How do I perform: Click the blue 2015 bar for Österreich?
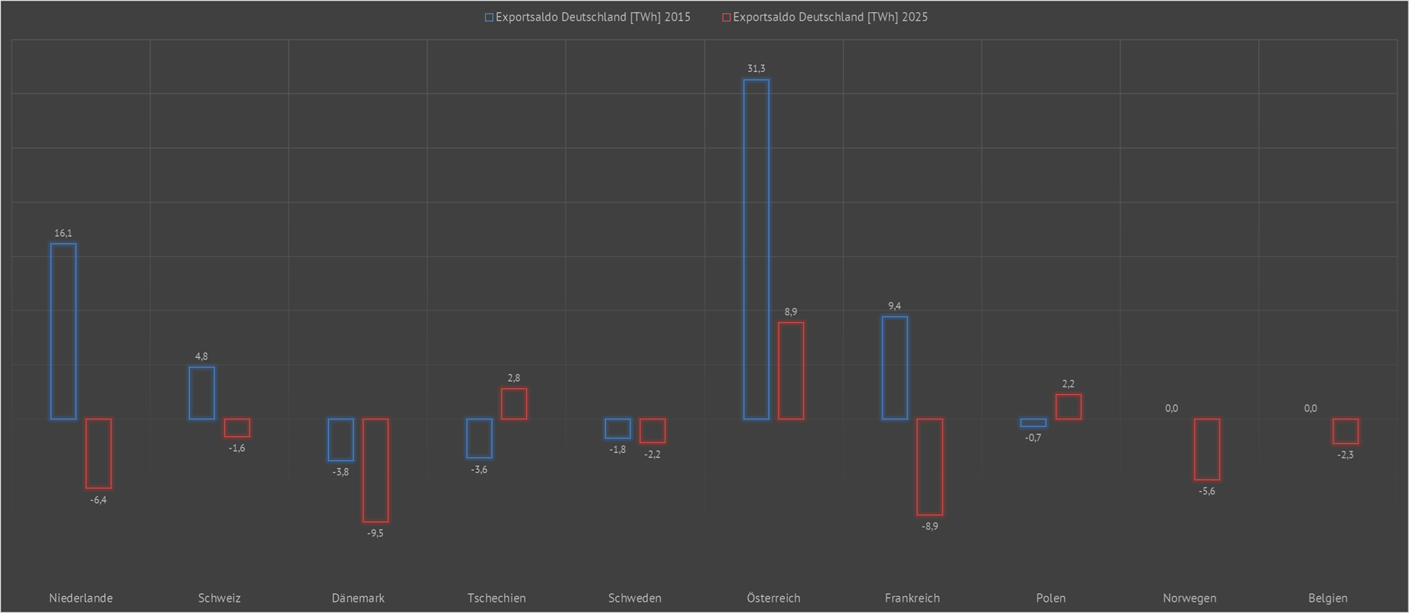(x=756, y=249)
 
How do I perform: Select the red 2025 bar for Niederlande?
(x=98, y=453)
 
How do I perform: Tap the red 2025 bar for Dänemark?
(x=375, y=470)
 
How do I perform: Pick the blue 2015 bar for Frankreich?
(x=894, y=367)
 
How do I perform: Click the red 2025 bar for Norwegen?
(x=1206, y=449)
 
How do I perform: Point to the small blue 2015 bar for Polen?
(x=1033, y=422)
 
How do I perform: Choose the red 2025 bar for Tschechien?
(x=513, y=403)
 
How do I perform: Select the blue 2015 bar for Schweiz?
(x=201, y=393)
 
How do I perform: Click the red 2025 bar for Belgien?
(x=1345, y=431)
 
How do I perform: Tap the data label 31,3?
(x=756, y=69)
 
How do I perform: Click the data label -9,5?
(x=375, y=533)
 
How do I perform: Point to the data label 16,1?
(x=63, y=233)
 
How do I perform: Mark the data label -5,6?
(x=1206, y=491)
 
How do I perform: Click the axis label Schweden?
(x=634, y=598)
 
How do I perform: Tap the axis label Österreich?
(x=773, y=598)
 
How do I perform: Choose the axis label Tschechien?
(x=496, y=598)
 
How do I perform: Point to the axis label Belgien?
(x=1327, y=598)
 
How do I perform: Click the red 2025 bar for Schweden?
(x=652, y=431)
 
